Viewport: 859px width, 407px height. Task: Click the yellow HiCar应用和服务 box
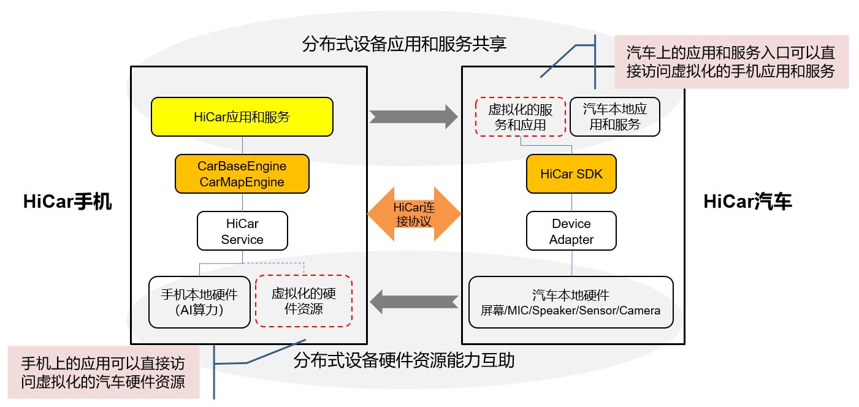click(x=242, y=116)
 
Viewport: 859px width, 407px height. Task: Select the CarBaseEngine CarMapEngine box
click(x=242, y=174)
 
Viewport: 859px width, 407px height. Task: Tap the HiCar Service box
click(x=242, y=231)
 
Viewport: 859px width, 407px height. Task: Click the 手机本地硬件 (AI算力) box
click(x=200, y=302)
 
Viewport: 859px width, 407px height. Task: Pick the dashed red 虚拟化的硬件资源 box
click(x=304, y=301)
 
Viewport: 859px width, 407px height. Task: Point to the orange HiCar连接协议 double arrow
click(x=414, y=214)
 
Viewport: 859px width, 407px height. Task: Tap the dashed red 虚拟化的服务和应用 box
click(x=521, y=116)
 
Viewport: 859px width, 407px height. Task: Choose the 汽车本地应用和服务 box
click(x=615, y=116)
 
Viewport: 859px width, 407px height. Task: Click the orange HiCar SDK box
click(x=571, y=174)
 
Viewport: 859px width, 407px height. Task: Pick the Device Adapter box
click(x=571, y=231)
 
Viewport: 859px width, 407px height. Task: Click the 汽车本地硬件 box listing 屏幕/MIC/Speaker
click(x=571, y=302)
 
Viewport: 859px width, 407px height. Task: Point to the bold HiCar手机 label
click(x=67, y=202)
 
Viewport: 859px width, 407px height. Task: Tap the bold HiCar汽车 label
click(x=747, y=202)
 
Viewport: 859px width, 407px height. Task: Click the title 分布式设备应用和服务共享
click(x=405, y=44)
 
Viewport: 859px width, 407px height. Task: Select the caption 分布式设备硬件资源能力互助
click(x=404, y=360)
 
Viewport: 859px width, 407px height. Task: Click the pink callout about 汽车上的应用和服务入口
click(x=731, y=61)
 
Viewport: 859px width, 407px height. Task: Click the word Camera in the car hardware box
click(x=640, y=311)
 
